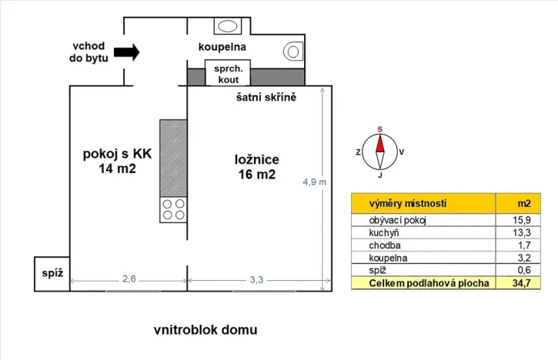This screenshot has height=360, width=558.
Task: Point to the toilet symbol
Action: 292,50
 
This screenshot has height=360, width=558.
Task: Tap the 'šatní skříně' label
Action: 266,98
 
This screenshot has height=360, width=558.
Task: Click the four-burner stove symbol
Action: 173,210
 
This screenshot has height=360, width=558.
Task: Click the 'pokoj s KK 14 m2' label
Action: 117,161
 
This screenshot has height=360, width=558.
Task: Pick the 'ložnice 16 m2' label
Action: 256,167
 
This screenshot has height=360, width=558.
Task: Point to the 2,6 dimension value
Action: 129,280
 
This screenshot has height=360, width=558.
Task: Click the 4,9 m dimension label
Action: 314,182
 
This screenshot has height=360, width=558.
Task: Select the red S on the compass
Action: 379,129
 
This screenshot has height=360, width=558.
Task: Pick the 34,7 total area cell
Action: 523,284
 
